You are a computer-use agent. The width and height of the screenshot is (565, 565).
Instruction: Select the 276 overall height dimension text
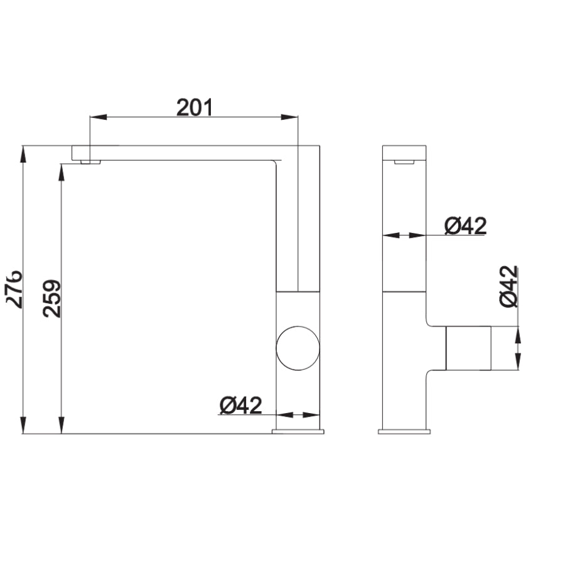click(x=14, y=289)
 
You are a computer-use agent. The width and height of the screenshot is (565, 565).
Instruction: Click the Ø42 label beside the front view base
click(x=240, y=406)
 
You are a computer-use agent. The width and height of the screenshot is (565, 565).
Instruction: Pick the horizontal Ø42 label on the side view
click(x=465, y=225)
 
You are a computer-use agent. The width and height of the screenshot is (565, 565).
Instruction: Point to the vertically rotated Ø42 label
click(x=509, y=286)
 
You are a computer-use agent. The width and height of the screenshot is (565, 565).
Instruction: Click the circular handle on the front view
click(x=298, y=348)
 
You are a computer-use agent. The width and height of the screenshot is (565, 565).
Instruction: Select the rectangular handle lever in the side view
click(x=468, y=348)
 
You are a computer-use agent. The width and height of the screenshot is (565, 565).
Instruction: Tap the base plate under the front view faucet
click(x=298, y=431)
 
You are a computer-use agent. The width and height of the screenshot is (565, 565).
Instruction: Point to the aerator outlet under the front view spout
click(x=90, y=162)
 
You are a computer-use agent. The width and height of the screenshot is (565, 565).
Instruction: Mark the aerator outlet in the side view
click(x=404, y=162)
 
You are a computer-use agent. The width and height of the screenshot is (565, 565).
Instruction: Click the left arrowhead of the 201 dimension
click(x=98, y=117)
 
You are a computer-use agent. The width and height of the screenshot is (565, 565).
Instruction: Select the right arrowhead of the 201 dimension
click(x=289, y=117)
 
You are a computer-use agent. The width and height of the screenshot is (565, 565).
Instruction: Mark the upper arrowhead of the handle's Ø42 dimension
click(x=518, y=335)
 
